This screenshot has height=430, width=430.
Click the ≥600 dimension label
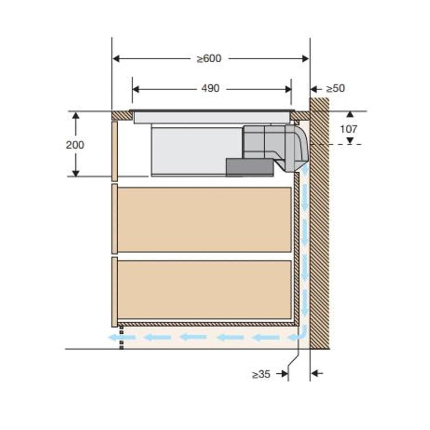pyautogui.click(x=209, y=58)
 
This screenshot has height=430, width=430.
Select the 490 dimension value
pyautogui.click(x=210, y=88)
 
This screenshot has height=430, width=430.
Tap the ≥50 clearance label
pyautogui.click(x=335, y=88)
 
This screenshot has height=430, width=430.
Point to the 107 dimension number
pyautogui.click(x=349, y=129)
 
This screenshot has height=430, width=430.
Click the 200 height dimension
pyautogui.click(x=75, y=145)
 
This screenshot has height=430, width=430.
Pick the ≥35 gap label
pyautogui.click(x=261, y=374)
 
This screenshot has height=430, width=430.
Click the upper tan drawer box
pyautogui.click(x=204, y=219)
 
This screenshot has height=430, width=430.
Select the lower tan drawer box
pyautogui.click(x=204, y=290)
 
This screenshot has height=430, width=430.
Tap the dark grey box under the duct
pyautogui.click(x=250, y=167)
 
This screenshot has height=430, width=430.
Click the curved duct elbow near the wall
pyautogui.click(x=298, y=148)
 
